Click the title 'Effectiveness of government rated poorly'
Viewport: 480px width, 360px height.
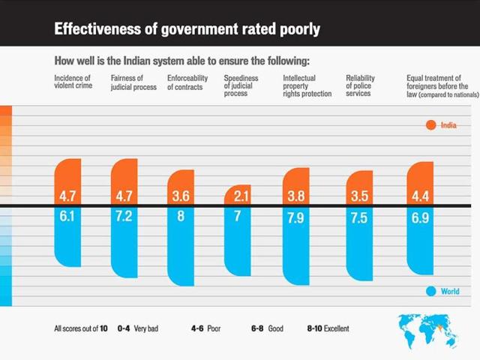pyautogui.click(x=187, y=30)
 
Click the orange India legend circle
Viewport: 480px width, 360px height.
pyautogui.click(x=431, y=125)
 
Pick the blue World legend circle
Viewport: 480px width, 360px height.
pyautogui.click(x=431, y=292)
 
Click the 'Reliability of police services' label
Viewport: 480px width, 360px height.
pyautogui.click(x=361, y=86)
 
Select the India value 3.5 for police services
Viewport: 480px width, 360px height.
pyautogui.click(x=361, y=196)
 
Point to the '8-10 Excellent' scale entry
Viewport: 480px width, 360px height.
pyautogui.click(x=328, y=328)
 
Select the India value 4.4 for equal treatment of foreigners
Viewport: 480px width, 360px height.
pyautogui.click(x=422, y=196)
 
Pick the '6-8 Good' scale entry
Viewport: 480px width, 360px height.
pyautogui.click(x=267, y=328)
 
